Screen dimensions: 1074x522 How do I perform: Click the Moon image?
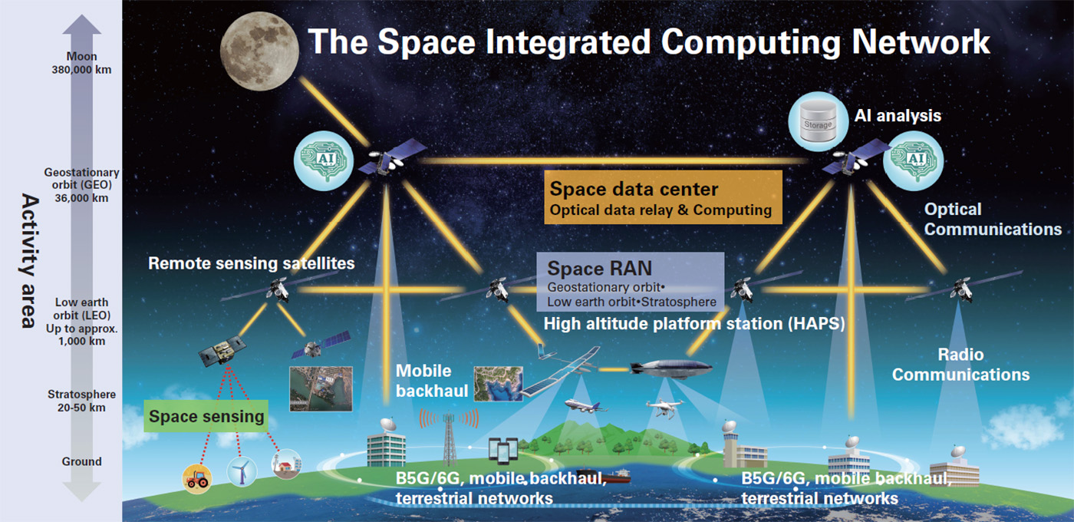click(x=259, y=51)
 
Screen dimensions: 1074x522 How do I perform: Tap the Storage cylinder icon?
click(x=818, y=122)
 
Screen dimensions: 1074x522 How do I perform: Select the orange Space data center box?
click(x=663, y=197)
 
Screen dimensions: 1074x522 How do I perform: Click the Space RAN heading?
click(x=600, y=268)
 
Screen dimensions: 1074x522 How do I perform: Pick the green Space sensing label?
click(x=206, y=416)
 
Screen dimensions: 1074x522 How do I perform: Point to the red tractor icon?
click(x=197, y=479)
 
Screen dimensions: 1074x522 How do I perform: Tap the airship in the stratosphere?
click(x=670, y=368)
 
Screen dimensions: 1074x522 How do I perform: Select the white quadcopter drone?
click(x=665, y=408)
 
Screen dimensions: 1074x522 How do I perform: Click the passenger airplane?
click(x=585, y=405)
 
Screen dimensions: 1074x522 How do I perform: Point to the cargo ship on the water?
click(x=605, y=475)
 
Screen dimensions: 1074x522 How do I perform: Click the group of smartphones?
click(x=503, y=451)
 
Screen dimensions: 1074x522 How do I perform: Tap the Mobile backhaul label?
click(x=431, y=381)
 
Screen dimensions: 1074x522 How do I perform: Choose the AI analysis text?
click(x=898, y=116)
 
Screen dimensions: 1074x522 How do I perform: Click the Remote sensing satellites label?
click(x=252, y=263)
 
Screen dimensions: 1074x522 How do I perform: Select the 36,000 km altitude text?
click(x=81, y=198)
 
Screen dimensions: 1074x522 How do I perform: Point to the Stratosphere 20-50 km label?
click(x=81, y=401)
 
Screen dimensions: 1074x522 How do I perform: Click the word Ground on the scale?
click(x=81, y=461)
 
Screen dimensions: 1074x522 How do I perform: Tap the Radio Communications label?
click(x=960, y=365)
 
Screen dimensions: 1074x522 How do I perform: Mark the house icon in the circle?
click(x=286, y=464)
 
